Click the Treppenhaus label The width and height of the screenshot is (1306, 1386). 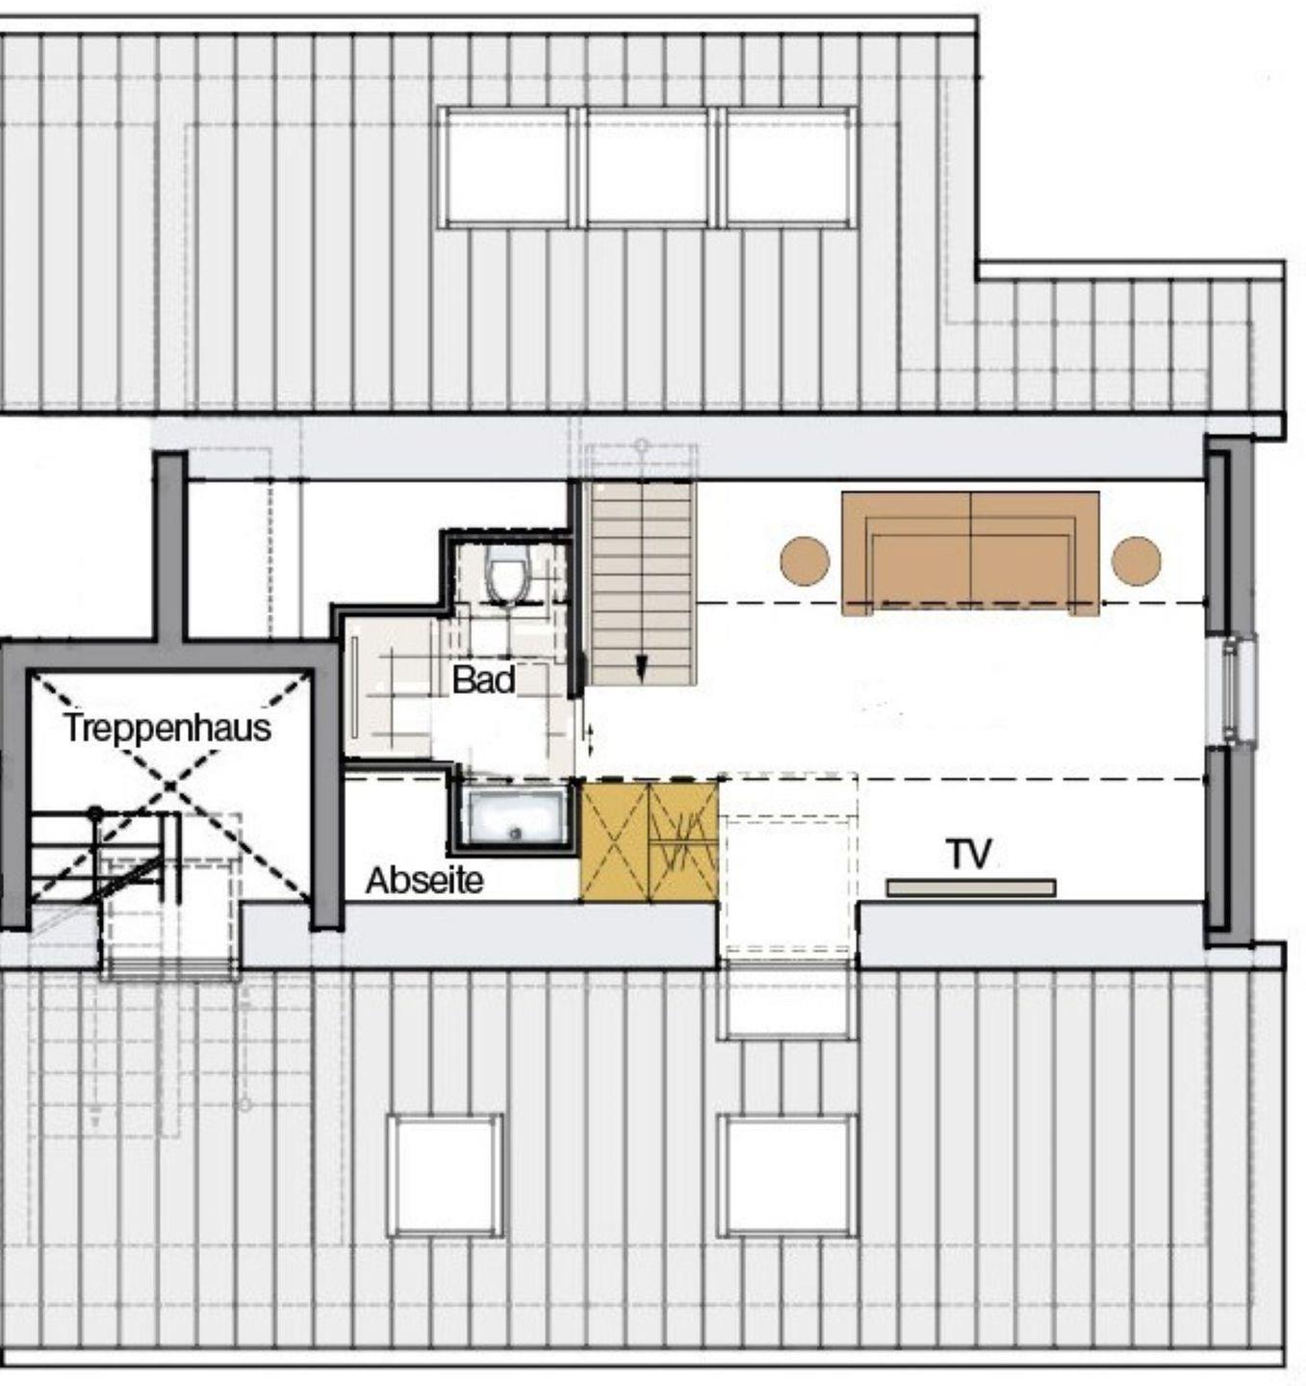[167, 728]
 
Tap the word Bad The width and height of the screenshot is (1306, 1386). [484, 679]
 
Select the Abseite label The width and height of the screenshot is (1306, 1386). [424, 881]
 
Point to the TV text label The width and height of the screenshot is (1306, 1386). [969, 854]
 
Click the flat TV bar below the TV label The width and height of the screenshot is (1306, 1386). [971, 887]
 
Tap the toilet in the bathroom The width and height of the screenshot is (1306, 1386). [509, 574]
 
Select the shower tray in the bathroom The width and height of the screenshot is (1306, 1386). [517, 817]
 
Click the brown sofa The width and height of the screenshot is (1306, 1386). [970, 553]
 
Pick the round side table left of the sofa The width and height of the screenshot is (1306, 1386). [805, 560]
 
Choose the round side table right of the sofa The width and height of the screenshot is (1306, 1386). [1137, 560]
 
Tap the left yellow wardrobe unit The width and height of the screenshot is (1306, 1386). [615, 842]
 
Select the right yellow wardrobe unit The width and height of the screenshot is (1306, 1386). [683, 842]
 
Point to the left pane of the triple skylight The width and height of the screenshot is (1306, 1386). [507, 167]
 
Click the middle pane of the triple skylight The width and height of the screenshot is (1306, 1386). [648, 167]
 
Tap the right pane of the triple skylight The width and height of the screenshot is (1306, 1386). [789, 167]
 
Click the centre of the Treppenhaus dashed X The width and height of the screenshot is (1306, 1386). [170, 785]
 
